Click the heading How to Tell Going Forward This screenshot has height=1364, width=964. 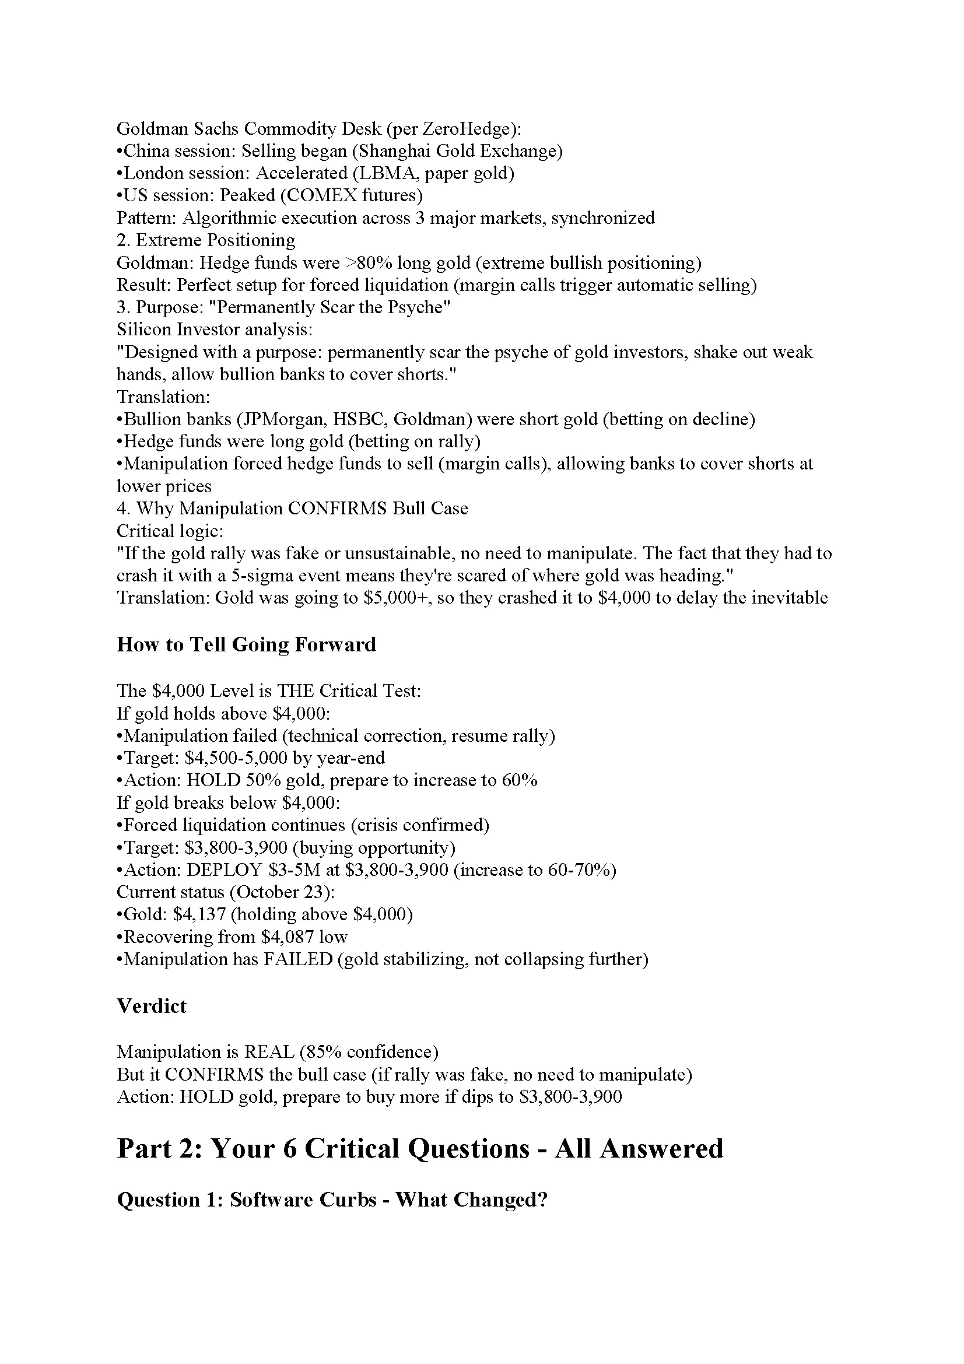[x=246, y=644]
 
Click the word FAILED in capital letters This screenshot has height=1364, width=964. [x=298, y=959]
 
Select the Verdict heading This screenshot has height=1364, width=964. [x=152, y=1007]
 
